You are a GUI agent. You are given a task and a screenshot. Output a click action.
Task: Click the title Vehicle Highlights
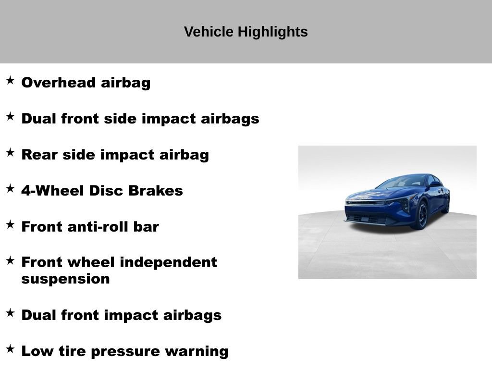pos(246,32)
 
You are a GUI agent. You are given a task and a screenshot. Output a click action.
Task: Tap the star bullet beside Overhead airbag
pos(10,80)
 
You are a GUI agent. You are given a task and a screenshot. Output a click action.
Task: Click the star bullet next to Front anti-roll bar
pos(10,224)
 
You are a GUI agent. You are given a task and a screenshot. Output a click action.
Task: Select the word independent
pos(168,262)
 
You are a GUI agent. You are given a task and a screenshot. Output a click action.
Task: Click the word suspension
pos(65,279)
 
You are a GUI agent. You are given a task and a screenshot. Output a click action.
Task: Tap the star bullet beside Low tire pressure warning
pos(10,349)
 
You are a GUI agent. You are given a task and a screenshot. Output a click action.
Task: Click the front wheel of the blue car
pos(421,215)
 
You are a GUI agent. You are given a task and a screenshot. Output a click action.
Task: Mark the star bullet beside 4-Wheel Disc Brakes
pos(10,188)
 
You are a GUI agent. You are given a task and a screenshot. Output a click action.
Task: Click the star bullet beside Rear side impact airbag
pos(10,152)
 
